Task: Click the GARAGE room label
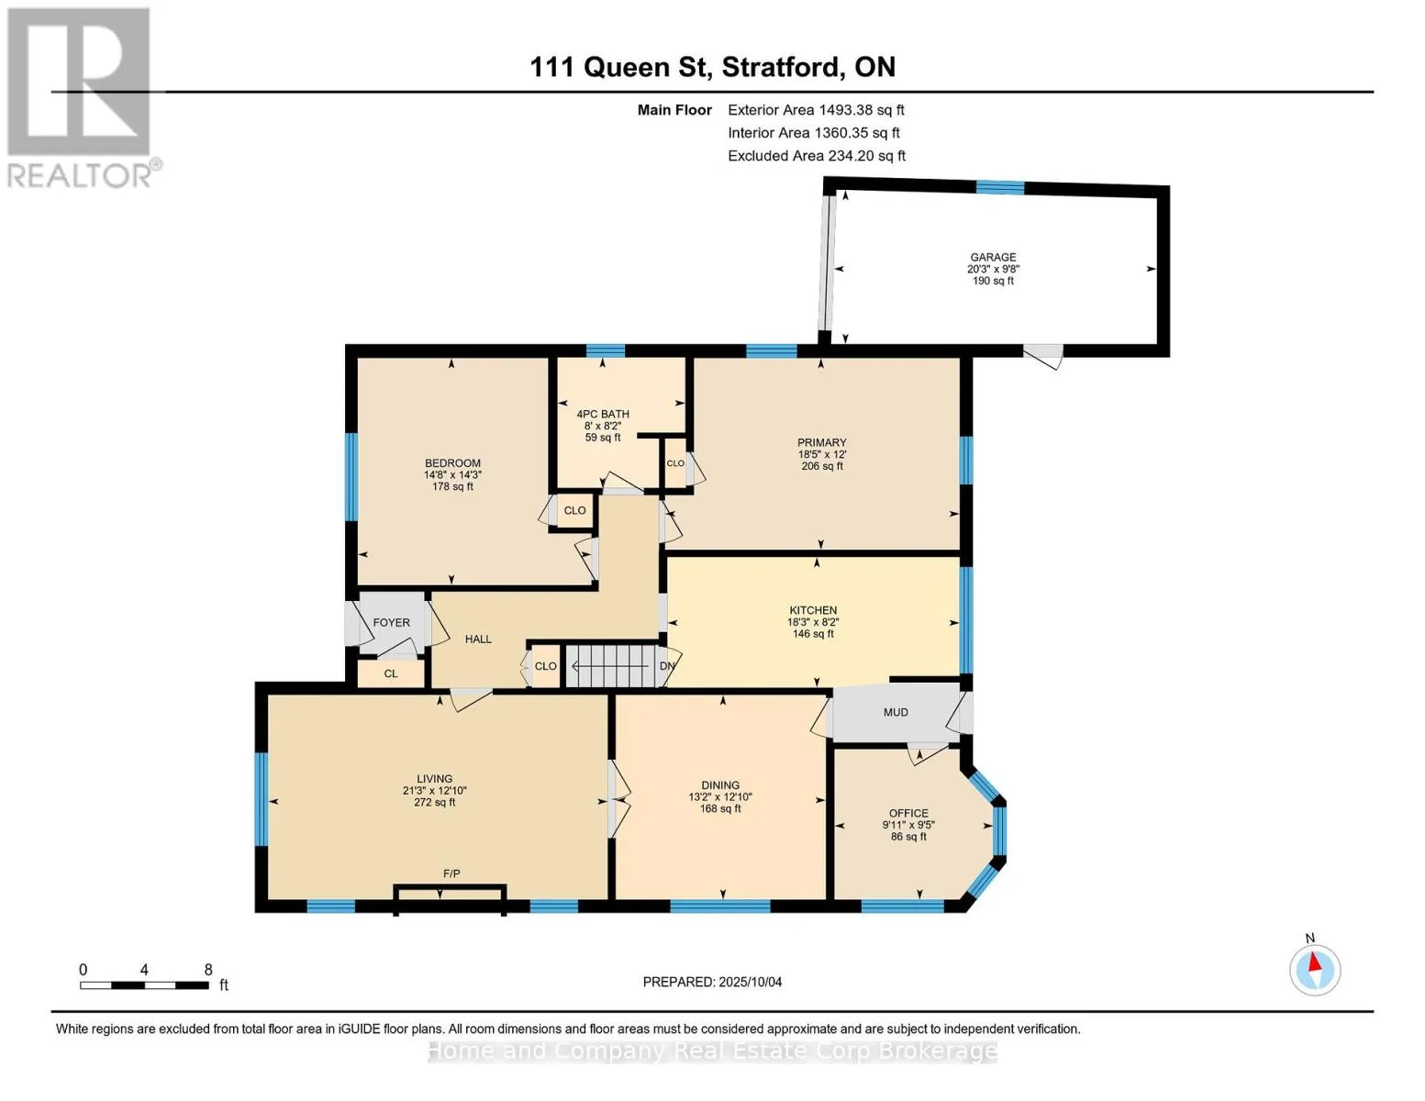pos(993,257)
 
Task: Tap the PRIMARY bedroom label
pos(821,442)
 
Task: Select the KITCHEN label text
pos(813,610)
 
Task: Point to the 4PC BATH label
pos(603,414)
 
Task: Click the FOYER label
pos(392,622)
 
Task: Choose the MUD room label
pos(896,712)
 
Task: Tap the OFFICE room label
pos(908,813)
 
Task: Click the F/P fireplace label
pos(451,873)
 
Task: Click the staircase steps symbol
pos(612,666)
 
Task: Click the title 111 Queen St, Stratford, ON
pos(712,67)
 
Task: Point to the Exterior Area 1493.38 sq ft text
pos(816,110)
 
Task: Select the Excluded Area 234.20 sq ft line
pos(817,156)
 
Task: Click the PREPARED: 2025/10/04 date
pos(712,982)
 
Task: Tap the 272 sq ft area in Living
pos(434,802)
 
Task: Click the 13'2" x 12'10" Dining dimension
pos(720,796)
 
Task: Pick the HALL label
pos(478,639)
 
